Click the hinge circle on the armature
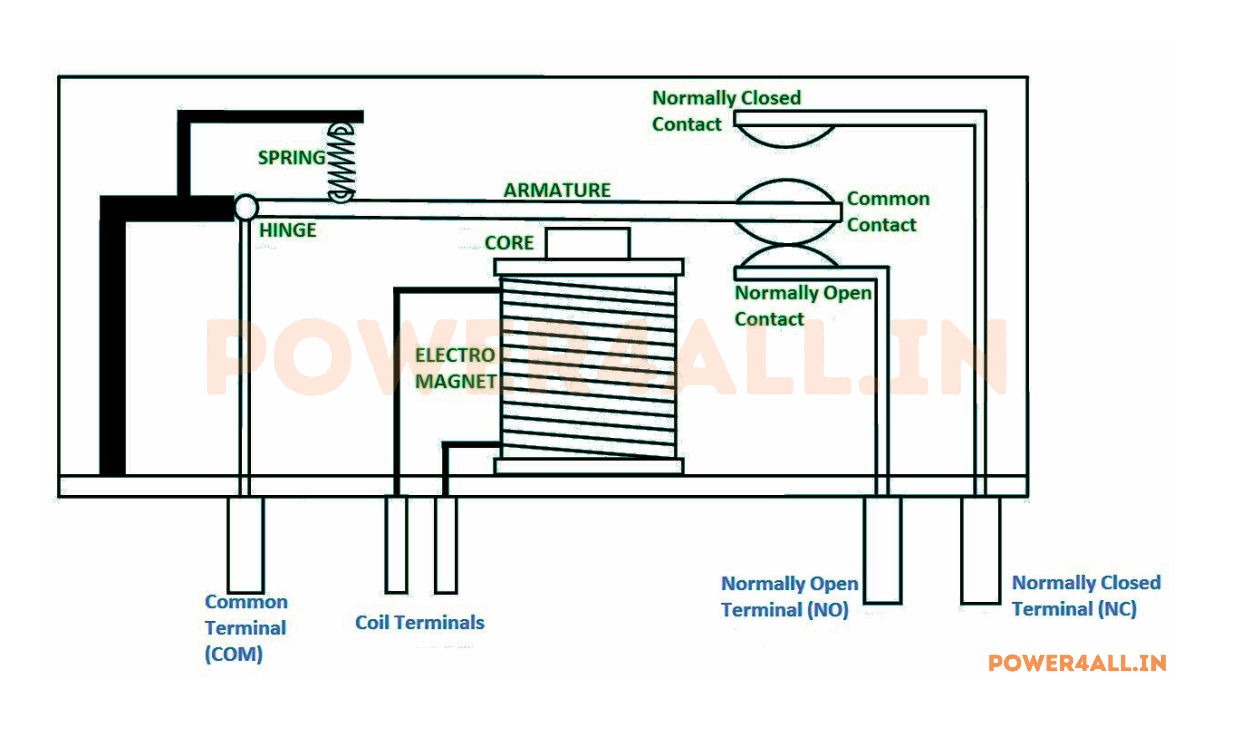(246, 207)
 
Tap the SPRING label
(292, 158)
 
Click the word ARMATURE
(557, 190)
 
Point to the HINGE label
(287, 230)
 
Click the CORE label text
(509, 243)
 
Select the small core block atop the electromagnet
(588, 243)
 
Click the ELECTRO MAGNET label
(455, 368)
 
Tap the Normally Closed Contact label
(726, 111)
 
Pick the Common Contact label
(888, 211)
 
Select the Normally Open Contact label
(802, 306)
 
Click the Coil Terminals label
(419, 623)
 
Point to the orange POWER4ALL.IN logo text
(1077, 663)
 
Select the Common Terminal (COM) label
(246, 628)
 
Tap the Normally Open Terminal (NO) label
(789, 596)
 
